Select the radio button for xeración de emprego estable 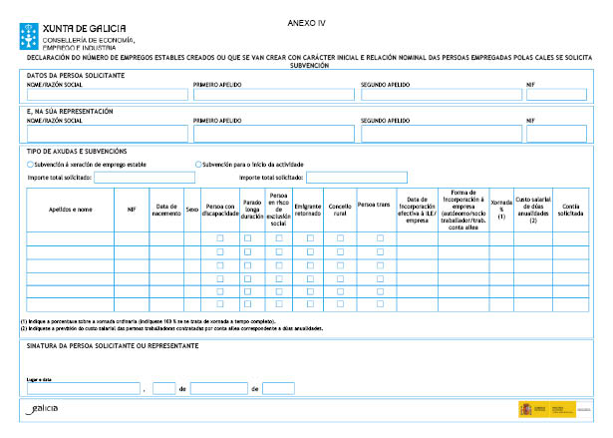pyautogui.click(x=31, y=163)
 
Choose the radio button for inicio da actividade pyautogui.click(x=197, y=163)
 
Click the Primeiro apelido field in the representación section pyautogui.click(x=272, y=133)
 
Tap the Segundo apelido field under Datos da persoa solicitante pyautogui.click(x=439, y=95)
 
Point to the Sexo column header pyautogui.click(x=191, y=210)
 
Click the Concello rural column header pyautogui.click(x=340, y=210)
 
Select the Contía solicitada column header pyautogui.click(x=571, y=210)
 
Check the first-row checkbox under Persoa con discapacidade pyautogui.click(x=220, y=238)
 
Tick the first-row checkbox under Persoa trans pyautogui.click(x=379, y=238)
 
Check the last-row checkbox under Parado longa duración pyautogui.click(x=251, y=303)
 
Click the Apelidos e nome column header pyautogui.click(x=70, y=210)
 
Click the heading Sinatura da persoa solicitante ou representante pyautogui.click(x=111, y=345)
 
